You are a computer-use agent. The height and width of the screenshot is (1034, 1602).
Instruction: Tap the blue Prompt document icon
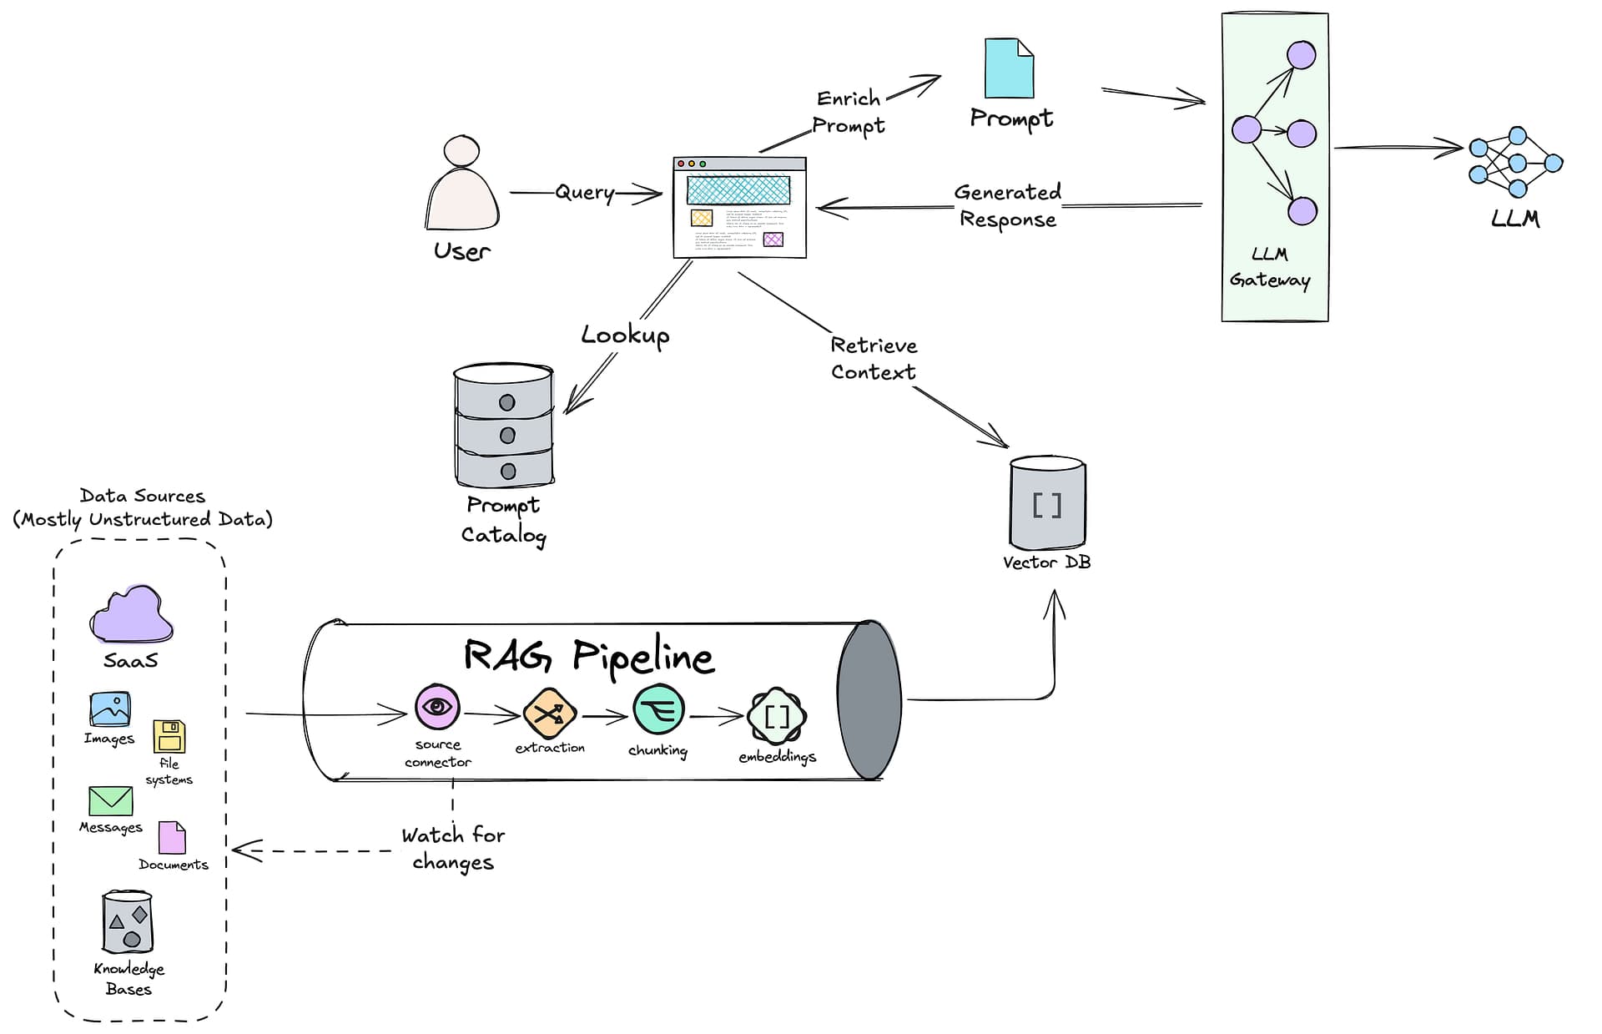click(x=1009, y=68)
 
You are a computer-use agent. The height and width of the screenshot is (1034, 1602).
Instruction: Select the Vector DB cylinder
click(x=1047, y=502)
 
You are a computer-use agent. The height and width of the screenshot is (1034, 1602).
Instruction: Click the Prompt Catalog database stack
click(x=503, y=426)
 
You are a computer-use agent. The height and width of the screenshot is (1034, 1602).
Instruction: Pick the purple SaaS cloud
click(x=131, y=615)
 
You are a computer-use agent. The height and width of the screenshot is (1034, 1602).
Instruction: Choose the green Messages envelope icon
click(x=110, y=801)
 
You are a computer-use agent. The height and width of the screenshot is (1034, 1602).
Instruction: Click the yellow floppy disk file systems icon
click(x=169, y=737)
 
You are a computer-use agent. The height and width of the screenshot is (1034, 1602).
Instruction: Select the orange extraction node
click(x=550, y=714)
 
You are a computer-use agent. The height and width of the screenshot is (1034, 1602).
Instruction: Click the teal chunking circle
click(x=658, y=710)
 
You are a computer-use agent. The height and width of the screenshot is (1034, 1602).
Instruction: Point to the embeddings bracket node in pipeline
click(x=776, y=716)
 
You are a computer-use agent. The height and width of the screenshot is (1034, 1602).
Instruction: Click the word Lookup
click(x=625, y=335)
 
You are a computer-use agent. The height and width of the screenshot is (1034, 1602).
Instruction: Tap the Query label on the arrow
click(x=585, y=193)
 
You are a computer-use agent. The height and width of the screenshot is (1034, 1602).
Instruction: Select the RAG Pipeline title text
click(x=588, y=656)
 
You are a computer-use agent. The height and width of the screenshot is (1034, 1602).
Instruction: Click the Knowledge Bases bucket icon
click(x=128, y=922)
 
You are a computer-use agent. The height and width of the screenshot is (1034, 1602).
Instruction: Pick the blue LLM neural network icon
click(x=1515, y=163)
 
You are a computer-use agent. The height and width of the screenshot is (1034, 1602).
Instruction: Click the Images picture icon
click(x=110, y=709)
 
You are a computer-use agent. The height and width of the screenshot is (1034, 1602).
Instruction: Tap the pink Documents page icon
click(x=172, y=838)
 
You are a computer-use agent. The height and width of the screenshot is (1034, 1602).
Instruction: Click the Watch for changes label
click(x=453, y=848)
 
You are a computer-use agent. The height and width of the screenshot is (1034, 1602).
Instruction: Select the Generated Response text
click(x=1007, y=205)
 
